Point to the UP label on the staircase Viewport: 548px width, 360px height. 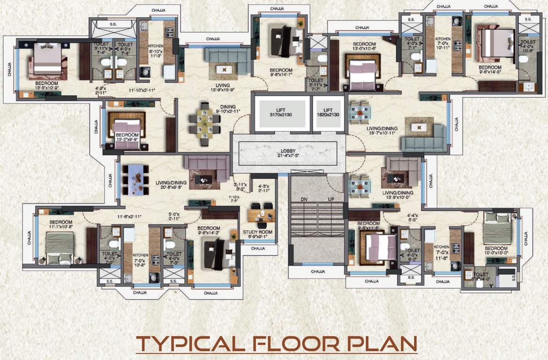pyautogui.click(x=331, y=199)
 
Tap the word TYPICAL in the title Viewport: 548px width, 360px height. pyautogui.click(x=191, y=344)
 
